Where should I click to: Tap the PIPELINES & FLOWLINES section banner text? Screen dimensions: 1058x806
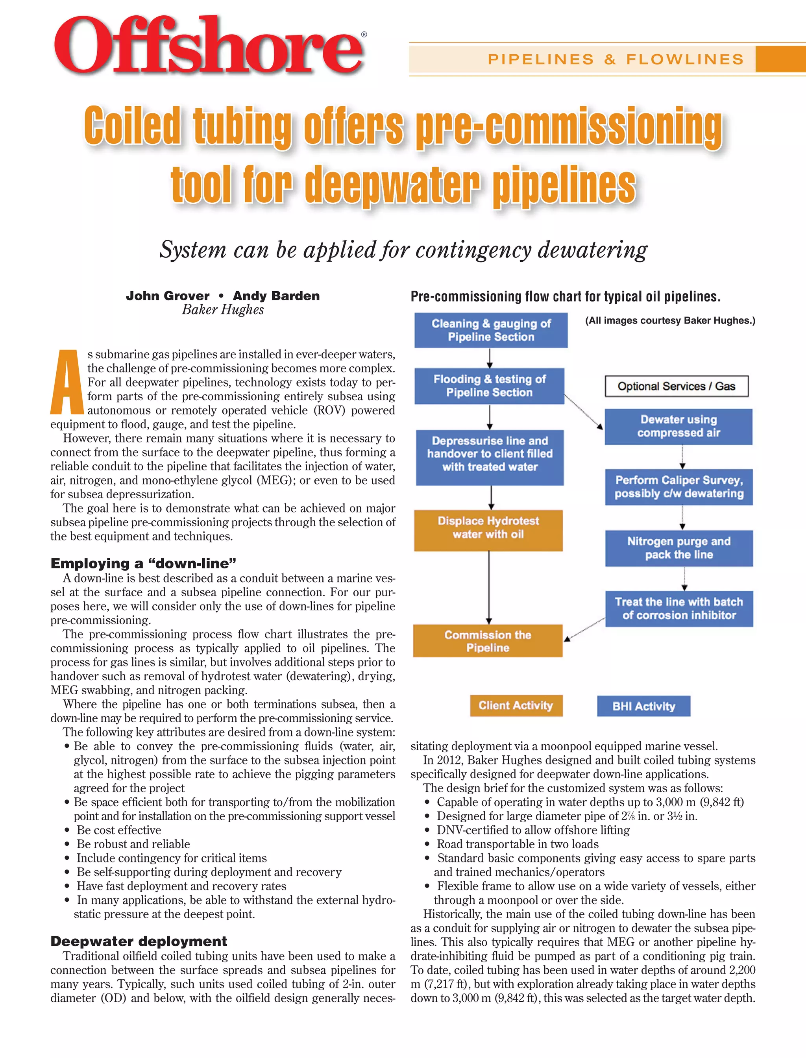tap(616, 59)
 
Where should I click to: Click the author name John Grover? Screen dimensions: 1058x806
tap(167, 296)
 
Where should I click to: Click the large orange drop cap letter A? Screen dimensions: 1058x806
tap(67, 383)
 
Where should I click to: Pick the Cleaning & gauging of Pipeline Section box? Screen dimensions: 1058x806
tap(491, 330)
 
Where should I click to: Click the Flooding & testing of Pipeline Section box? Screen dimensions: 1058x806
tap(489, 386)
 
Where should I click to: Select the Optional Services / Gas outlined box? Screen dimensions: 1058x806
tap(676, 386)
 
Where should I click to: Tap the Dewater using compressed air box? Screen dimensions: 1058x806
tap(678, 426)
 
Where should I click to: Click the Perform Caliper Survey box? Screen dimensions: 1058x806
tap(678, 486)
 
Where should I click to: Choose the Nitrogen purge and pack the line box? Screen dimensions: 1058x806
tap(678, 548)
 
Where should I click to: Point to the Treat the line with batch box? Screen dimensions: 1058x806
tap(678, 609)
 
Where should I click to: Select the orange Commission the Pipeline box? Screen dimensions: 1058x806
tap(488, 641)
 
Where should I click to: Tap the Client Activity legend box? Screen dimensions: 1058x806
tap(516, 705)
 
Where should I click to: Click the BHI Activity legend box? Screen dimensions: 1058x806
tap(643, 706)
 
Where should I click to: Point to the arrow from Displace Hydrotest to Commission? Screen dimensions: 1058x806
tap(489, 587)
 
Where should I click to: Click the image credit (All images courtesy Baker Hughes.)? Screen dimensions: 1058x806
tap(670, 320)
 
